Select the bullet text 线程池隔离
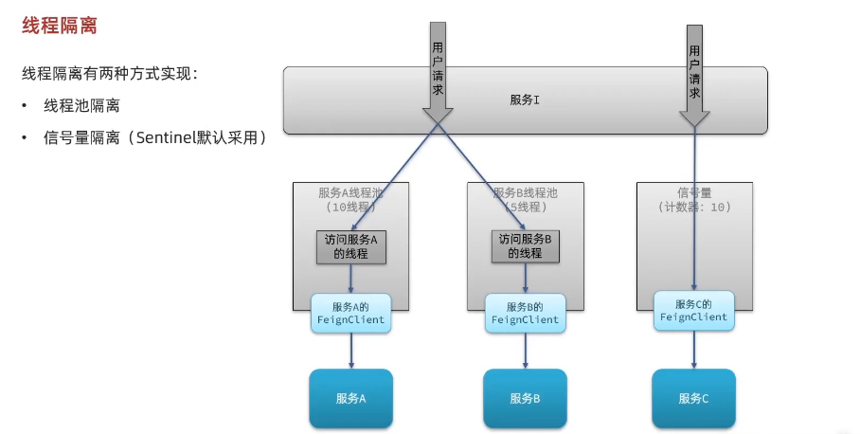tap(82, 105)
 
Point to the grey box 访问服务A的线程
tap(350, 246)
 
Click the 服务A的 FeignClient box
tap(350, 314)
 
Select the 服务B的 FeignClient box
tap(525, 314)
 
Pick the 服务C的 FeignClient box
tap(693, 311)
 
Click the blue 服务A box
tap(350, 398)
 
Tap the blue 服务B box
tap(525, 398)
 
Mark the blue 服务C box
tap(693, 398)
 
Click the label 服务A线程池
tap(352, 192)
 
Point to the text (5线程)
tap(524, 206)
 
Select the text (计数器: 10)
tap(694, 206)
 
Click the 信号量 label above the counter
tap(695, 192)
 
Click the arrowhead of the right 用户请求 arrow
tap(694, 118)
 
